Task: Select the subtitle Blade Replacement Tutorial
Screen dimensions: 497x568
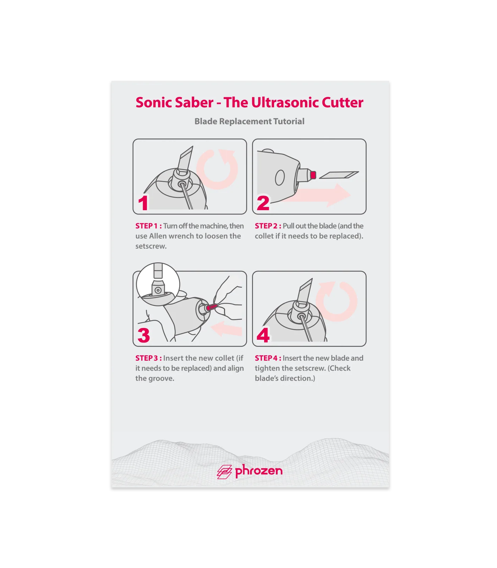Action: [x=249, y=121]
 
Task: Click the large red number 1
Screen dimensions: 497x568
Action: [x=143, y=203]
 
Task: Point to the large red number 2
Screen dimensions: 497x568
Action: [x=263, y=203]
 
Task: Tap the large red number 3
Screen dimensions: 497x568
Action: [x=144, y=335]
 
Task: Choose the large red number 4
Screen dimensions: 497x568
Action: [x=263, y=335]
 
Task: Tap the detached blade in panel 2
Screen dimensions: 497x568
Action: [x=339, y=175]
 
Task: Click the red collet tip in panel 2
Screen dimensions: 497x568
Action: [x=313, y=175]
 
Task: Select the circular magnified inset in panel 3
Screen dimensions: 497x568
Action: [x=158, y=284]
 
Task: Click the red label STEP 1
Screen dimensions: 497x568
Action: [x=148, y=226]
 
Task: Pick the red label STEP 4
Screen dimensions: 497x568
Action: [x=268, y=358]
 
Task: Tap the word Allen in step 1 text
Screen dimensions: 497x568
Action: [x=158, y=236]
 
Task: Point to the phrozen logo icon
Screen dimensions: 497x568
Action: [x=224, y=472]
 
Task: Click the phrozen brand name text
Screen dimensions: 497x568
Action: [x=259, y=471]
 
